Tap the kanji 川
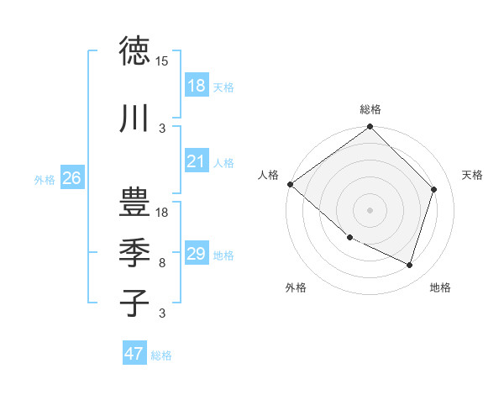point(134,118)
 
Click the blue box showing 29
point(196,255)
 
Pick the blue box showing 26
point(71,178)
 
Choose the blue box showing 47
point(134,354)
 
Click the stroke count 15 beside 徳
point(162,61)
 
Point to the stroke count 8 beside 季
point(161,263)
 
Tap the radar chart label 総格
point(370,109)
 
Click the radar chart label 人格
point(269,174)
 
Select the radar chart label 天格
point(472,174)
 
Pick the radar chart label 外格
point(296,288)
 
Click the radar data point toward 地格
point(410,266)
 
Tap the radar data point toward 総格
point(370,127)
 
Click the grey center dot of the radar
point(370,209)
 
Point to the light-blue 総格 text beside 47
point(161,355)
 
